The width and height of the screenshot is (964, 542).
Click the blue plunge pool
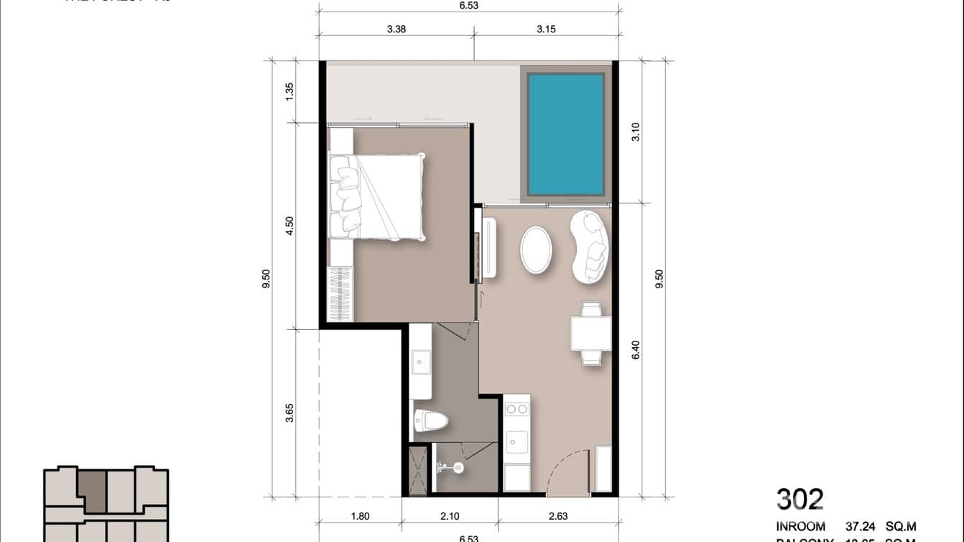[566, 134]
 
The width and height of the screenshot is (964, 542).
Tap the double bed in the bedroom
[377, 196]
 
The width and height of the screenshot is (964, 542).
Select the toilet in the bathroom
[430, 420]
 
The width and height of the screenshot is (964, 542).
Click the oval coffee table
[537, 250]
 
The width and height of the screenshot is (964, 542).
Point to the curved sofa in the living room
[590, 246]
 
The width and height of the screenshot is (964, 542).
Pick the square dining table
[590, 333]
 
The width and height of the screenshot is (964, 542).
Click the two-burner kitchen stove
[516, 409]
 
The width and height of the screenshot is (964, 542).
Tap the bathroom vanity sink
[420, 364]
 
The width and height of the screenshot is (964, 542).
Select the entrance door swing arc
[567, 471]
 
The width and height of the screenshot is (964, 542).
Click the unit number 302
[800, 498]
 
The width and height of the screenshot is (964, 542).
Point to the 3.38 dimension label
[397, 29]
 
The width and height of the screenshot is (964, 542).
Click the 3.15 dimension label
[546, 29]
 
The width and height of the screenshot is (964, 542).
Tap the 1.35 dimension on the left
[289, 91]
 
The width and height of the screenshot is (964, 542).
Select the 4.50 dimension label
[289, 226]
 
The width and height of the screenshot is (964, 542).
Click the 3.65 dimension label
[289, 413]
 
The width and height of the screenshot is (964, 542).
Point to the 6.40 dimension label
[635, 350]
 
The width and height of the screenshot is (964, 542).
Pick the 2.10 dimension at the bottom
[450, 515]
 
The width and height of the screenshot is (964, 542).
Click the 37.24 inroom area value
[861, 527]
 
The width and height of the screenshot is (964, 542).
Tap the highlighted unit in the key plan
[92, 490]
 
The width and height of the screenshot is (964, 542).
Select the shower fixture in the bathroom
[451, 468]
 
